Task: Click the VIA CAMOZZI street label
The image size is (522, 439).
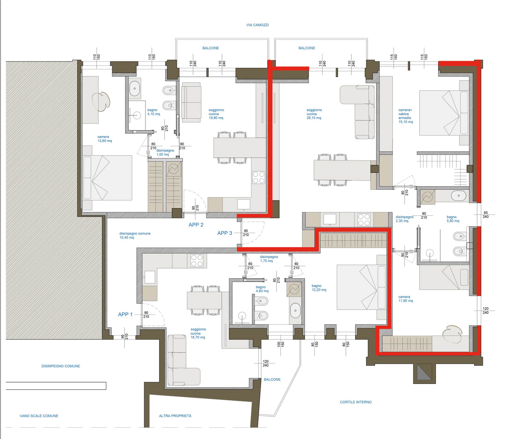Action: coord(257,25)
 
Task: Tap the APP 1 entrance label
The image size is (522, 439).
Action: coord(125,314)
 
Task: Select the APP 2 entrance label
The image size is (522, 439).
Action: coord(196,225)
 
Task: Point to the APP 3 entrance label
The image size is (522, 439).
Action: coord(225,233)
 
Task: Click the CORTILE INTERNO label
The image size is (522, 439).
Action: coord(356,402)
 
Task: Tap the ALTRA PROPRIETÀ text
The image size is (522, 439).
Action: coord(175,416)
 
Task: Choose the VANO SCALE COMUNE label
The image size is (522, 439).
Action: coord(39,416)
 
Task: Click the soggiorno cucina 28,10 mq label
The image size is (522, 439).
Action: coord(314,114)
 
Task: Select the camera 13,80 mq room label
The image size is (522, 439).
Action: coord(105,139)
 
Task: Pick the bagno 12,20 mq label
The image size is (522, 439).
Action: coord(319,288)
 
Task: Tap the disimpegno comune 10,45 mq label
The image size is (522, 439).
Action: coord(135,236)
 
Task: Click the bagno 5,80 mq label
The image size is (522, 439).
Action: coord(453,219)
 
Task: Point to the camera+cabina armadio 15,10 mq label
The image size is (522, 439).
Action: coord(406,116)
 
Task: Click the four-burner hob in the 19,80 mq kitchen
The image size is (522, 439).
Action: coord(259,177)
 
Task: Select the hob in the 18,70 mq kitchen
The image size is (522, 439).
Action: coord(197,261)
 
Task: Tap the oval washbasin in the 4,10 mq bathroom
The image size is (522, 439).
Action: coord(135,89)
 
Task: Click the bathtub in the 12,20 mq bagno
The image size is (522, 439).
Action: coord(295,310)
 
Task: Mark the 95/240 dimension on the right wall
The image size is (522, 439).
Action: coord(485,215)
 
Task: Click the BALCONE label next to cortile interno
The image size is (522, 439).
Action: coord(272,379)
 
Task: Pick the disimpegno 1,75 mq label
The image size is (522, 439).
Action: coord(269,259)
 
